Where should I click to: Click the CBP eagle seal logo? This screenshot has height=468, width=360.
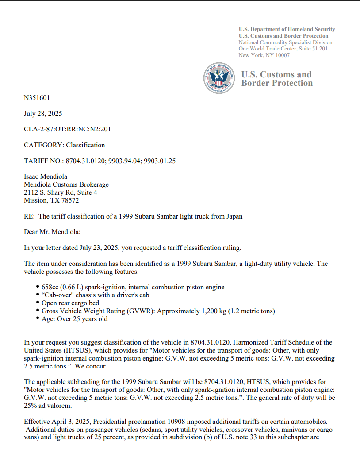point(218,78)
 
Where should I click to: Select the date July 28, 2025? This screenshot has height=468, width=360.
point(43,114)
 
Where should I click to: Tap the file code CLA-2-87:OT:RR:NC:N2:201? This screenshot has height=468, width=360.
point(67,129)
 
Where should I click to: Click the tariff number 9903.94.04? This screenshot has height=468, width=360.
point(126,161)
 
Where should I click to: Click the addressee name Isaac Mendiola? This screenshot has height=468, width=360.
point(46,176)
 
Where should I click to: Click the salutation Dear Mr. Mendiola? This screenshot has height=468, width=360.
point(52,232)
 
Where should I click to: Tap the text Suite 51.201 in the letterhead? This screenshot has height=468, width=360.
point(313,49)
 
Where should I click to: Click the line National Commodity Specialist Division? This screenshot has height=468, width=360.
point(285,42)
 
